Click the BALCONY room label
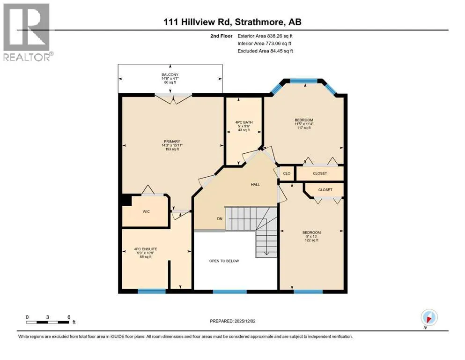(170, 75)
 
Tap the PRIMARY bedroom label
(172, 142)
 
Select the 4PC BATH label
(244, 122)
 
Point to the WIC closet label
(146, 211)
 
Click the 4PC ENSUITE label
(146, 249)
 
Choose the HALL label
(255, 185)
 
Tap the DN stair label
(220, 219)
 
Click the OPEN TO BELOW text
(224, 261)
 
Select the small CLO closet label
(287, 173)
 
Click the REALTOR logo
(27, 32)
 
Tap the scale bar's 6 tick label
(69, 317)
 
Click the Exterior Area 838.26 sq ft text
(265, 36)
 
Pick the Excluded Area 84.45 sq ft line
(265, 51)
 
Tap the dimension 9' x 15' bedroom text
(312, 236)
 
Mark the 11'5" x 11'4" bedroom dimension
(304, 124)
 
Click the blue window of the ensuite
(152, 292)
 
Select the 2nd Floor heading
(221, 36)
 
